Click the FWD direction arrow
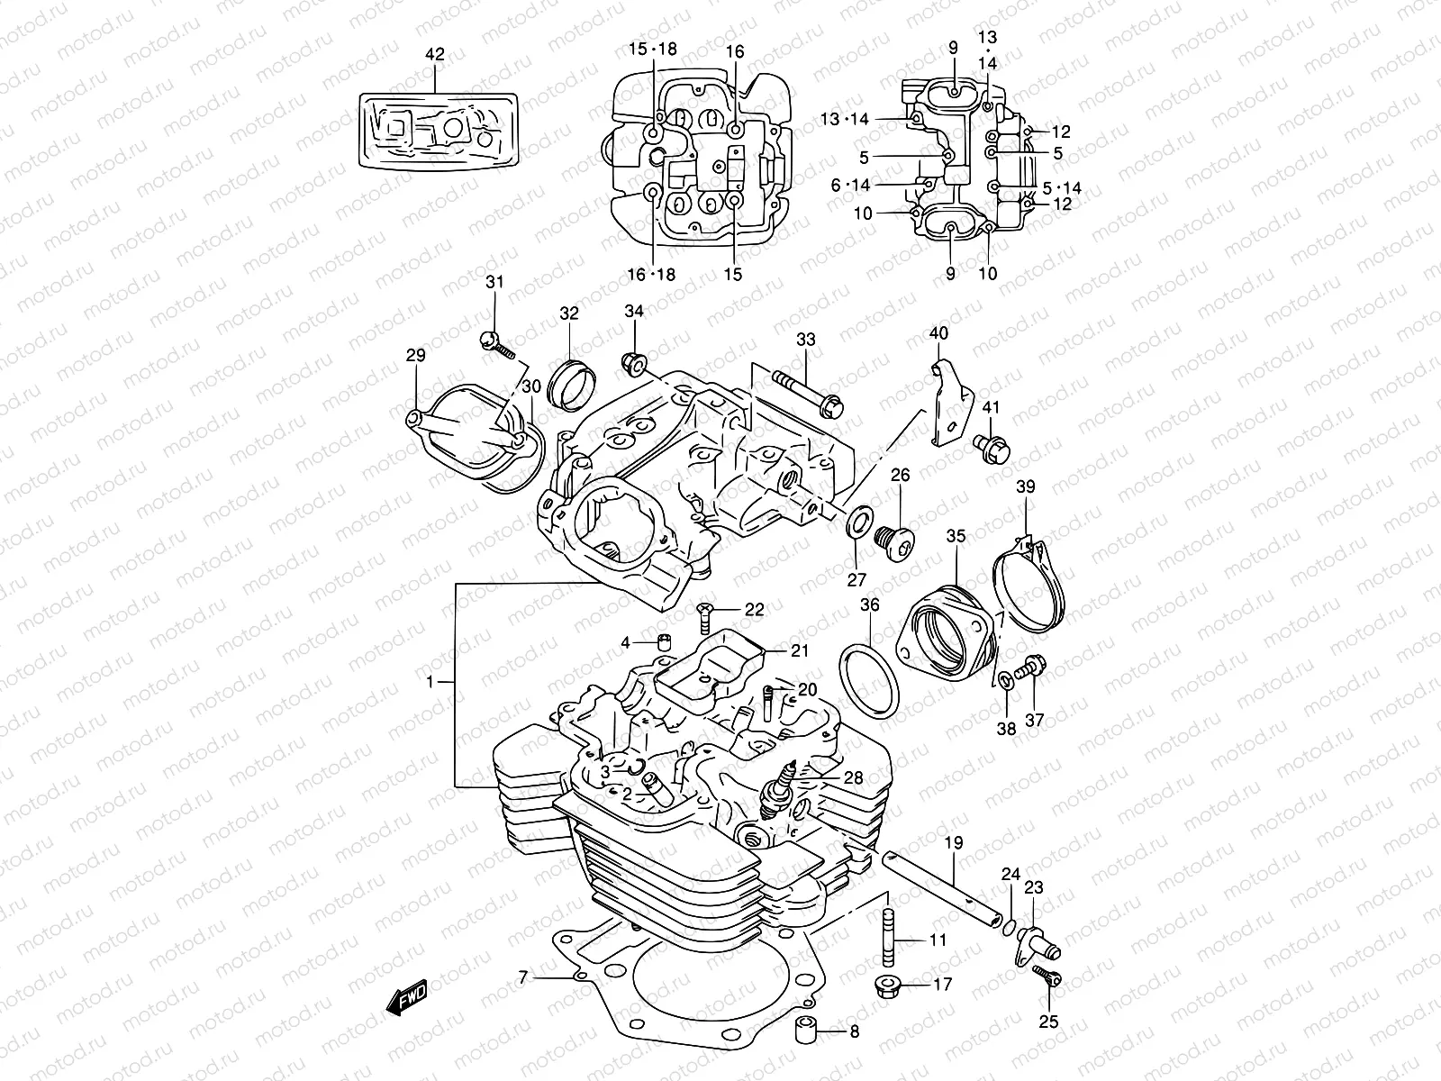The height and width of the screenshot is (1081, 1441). coord(407,997)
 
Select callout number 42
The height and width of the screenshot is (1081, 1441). coord(434,55)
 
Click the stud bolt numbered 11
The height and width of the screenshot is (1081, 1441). coord(887,939)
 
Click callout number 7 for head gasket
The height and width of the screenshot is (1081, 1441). coord(522,977)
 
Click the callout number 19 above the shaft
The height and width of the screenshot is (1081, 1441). coord(954,844)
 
